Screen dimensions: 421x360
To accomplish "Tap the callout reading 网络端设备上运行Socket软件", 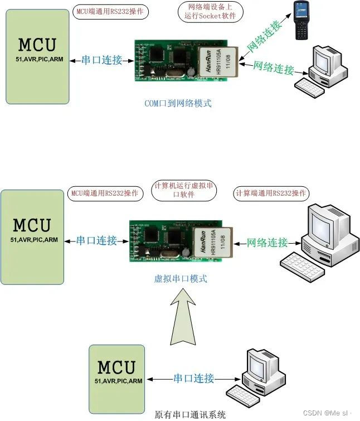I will click(210, 11).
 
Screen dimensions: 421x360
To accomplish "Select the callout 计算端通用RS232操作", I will click(271, 193).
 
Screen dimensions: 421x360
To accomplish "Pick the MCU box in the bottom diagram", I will click(116, 374).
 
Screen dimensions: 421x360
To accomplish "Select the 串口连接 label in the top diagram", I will click(101, 60).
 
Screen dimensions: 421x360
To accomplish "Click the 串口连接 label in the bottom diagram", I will click(193, 379).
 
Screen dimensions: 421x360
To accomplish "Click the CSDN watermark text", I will click(328, 413).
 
